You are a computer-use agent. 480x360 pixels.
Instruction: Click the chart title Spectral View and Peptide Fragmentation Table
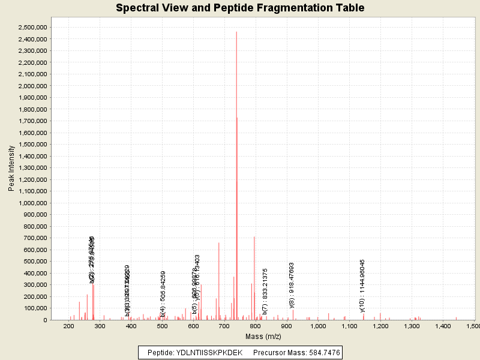click(x=240, y=8)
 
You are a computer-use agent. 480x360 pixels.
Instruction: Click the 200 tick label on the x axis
click(x=69, y=326)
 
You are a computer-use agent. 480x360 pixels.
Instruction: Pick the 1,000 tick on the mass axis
click(x=317, y=326)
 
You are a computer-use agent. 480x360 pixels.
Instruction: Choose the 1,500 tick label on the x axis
click(x=473, y=326)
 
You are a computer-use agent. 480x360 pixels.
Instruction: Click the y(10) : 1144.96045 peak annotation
click(x=362, y=286)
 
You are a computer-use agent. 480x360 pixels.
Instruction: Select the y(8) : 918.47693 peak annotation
click(x=292, y=285)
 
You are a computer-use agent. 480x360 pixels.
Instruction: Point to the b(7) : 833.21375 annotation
click(x=265, y=292)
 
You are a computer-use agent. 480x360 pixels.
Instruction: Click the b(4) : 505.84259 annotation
click(x=163, y=293)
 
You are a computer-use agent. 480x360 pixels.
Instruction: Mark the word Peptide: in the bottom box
click(x=160, y=353)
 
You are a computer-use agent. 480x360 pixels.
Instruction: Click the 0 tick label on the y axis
click(x=45, y=320)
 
